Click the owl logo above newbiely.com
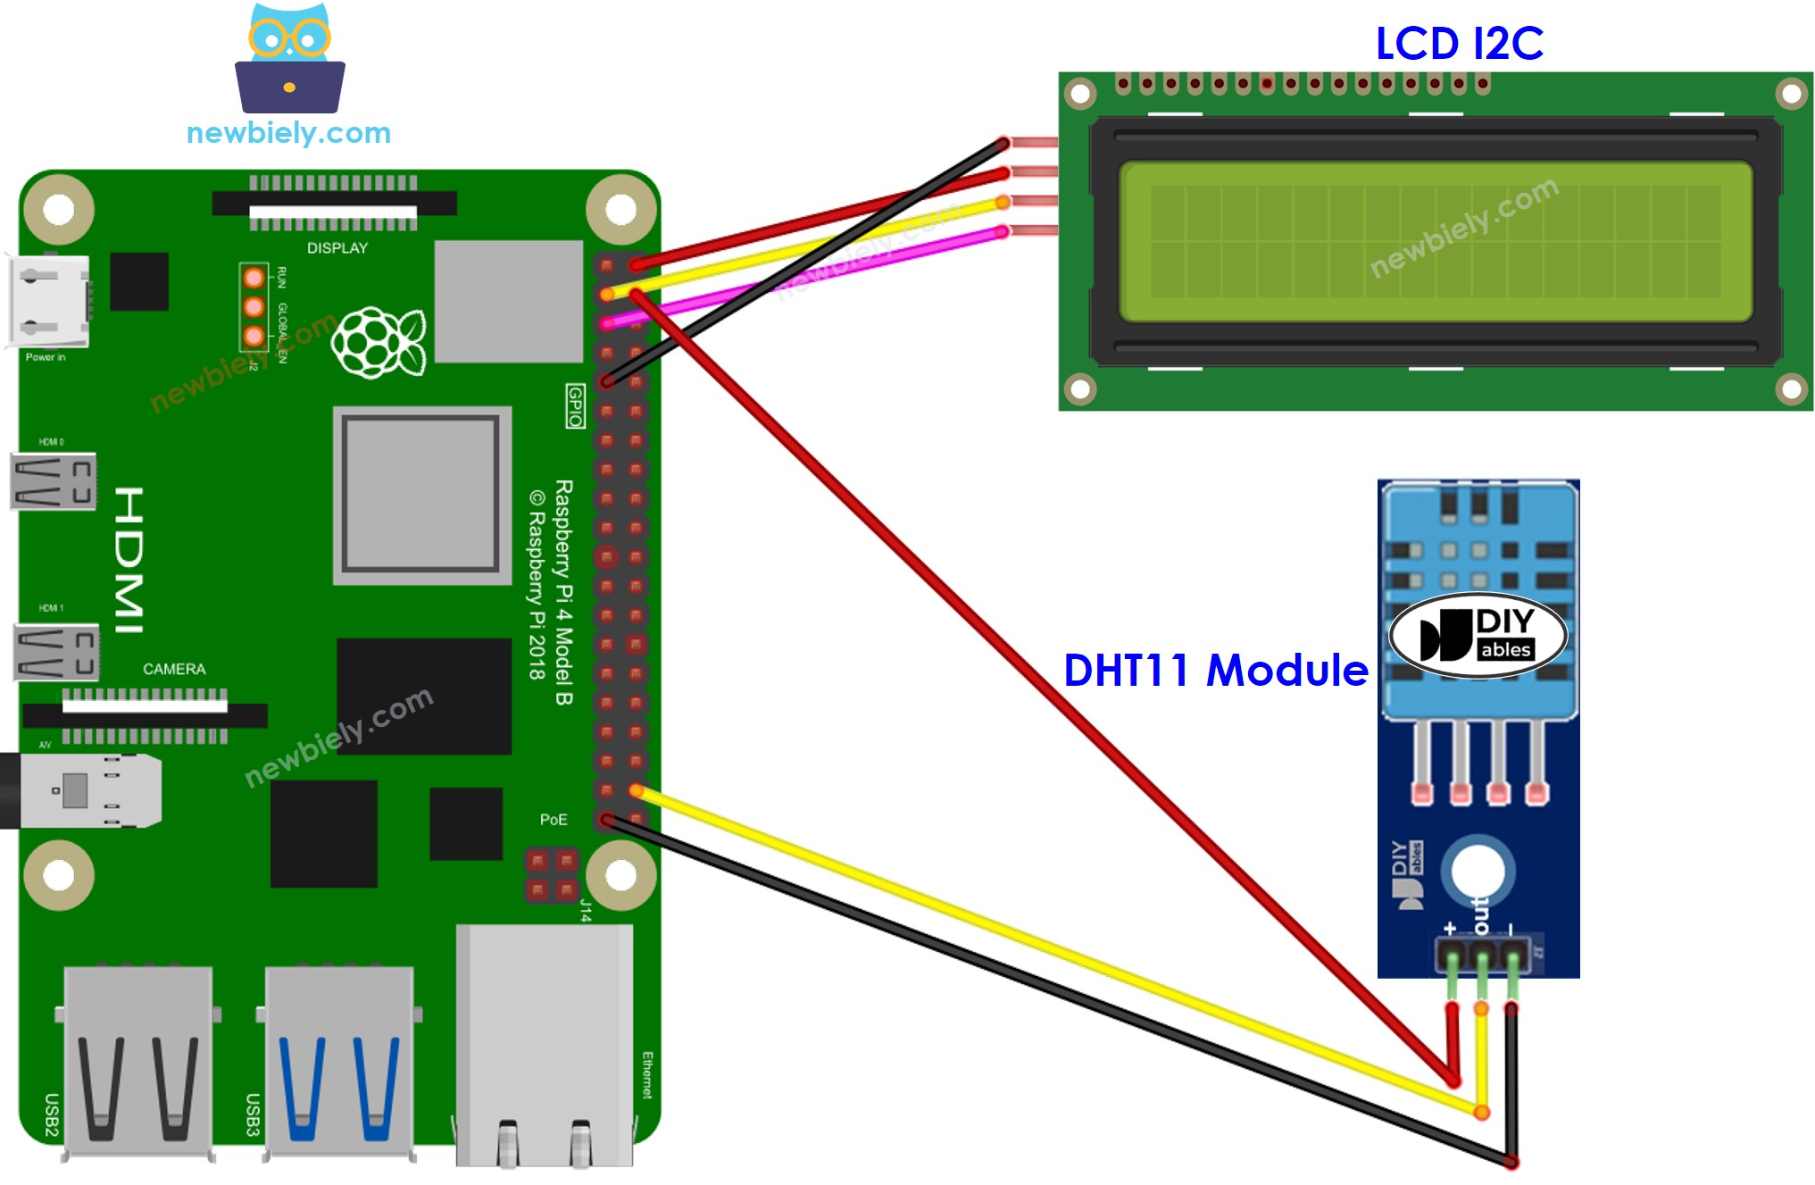pyautogui.click(x=289, y=59)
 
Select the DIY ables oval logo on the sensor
pyautogui.click(x=1478, y=635)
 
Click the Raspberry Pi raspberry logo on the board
pyautogui.click(x=379, y=342)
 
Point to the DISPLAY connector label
pyautogui.click(x=337, y=248)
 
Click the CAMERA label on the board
pyautogui.click(x=174, y=669)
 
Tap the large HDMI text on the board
pyautogui.click(x=130, y=560)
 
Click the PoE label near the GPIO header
pyautogui.click(x=553, y=819)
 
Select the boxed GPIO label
pyautogui.click(x=576, y=406)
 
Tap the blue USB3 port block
pyautogui.click(x=339, y=1058)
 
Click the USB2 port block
pyautogui.click(x=138, y=1058)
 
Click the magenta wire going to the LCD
pyautogui.click(x=803, y=277)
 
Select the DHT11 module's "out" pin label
pyautogui.click(x=1481, y=915)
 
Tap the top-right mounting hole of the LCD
pyautogui.click(x=1791, y=94)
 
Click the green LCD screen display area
pyautogui.click(x=1435, y=241)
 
